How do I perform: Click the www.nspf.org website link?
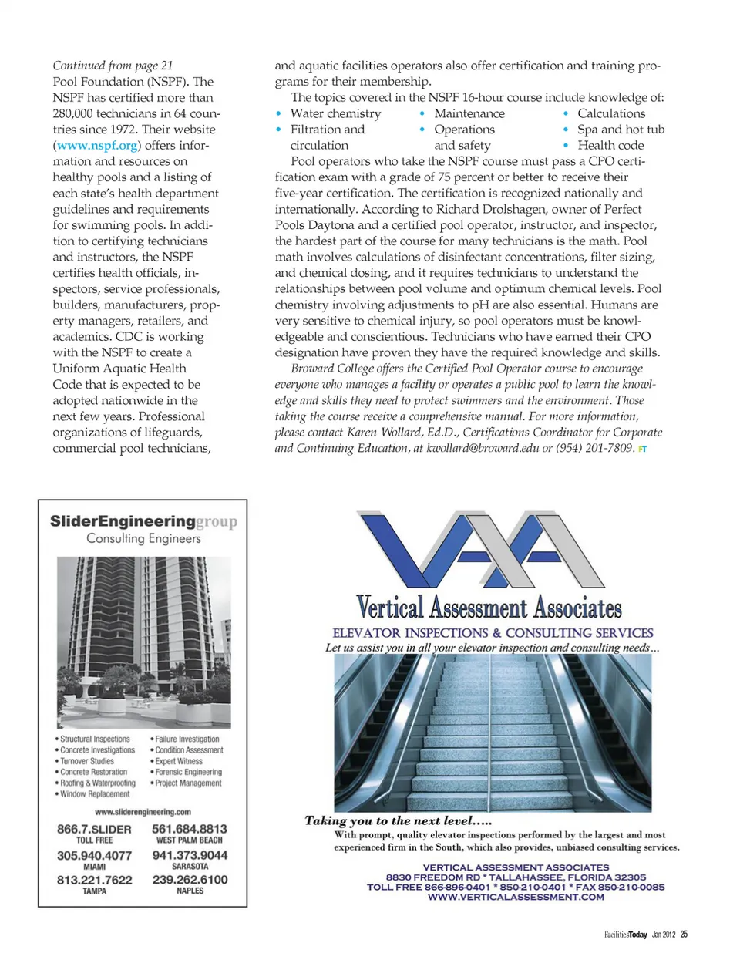(97, 145)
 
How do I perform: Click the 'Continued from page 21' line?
(113, 66)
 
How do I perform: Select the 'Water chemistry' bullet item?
(335, 113)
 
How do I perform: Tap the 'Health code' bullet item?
(610, 145)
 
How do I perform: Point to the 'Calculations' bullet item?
(612, 113)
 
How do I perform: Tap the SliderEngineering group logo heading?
(143, 521)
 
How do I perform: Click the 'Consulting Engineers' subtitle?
(143, 538)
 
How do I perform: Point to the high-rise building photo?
(143, 642)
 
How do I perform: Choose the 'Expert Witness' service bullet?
(179, 761)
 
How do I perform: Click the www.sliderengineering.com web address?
(143, 812)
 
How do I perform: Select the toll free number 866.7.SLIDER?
(94, 829)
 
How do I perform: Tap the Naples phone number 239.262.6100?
(190, 880)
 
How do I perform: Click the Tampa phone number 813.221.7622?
(94, 880)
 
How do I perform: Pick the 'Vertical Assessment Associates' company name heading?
(489, 608)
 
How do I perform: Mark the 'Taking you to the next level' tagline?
(398, 820)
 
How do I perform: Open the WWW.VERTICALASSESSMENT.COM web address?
(516, 897)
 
